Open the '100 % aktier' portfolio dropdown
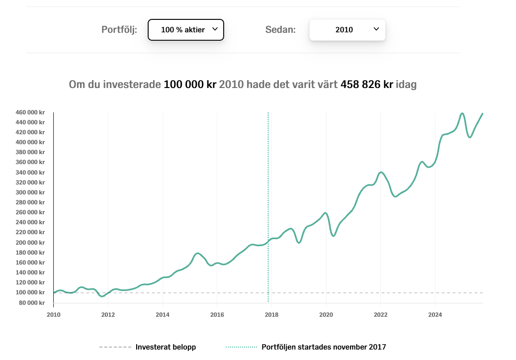(186, 30)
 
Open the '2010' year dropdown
(347, 30)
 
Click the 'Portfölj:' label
(119, 29)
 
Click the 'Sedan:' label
(280, 29)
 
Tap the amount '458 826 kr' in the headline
(367, 84)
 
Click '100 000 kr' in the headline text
(190, 84)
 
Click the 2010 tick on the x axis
(53, 314)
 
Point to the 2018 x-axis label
(271, 314)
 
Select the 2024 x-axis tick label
(435, 314)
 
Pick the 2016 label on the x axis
(217, 314)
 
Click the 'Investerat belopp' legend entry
(166, 347)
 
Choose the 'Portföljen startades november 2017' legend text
(324, 347)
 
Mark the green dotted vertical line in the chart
(268, 199)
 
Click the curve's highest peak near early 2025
(462, 113)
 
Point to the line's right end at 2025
(482, 114)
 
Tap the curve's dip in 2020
(334, 236)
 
